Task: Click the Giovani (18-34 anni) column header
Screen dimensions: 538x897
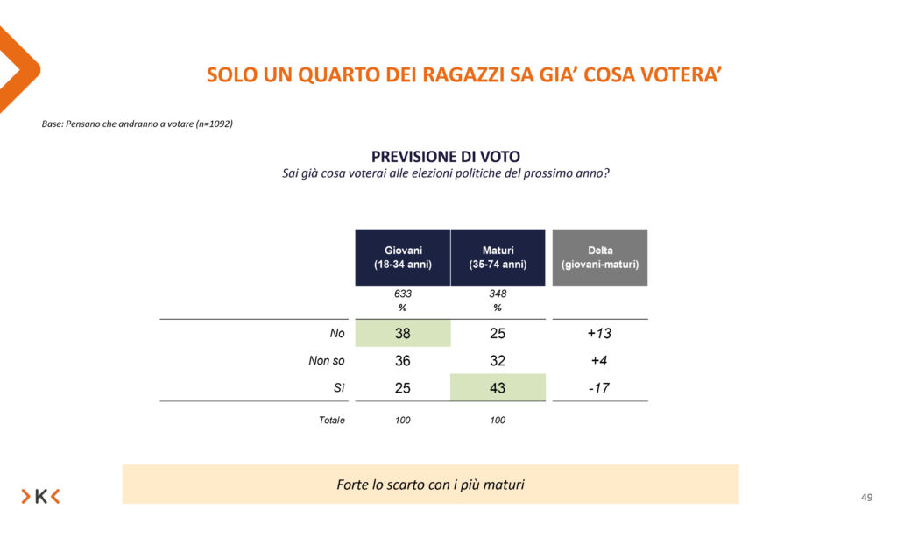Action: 403,257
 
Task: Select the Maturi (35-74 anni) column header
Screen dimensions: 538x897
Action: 498,257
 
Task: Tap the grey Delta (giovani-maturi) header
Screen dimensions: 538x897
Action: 600,257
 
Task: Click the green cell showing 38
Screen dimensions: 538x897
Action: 403,333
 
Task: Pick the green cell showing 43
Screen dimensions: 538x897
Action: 498,387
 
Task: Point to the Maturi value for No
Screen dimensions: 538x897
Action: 498,333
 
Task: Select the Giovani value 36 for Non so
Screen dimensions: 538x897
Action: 403,360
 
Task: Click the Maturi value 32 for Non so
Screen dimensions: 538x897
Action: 498,360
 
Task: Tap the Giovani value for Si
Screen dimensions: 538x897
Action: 403,387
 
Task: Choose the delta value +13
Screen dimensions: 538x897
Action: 600,333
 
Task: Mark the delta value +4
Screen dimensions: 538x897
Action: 600,360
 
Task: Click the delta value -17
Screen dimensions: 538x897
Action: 600,387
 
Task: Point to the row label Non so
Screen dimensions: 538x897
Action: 327,360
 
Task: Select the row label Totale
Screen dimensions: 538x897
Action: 331,421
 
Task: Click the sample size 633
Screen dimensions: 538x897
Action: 403,294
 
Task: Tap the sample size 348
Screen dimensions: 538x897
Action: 498,294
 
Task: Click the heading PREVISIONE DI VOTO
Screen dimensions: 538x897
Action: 445,156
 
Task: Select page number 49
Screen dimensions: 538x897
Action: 866,498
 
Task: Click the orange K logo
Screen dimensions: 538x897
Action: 40,497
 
